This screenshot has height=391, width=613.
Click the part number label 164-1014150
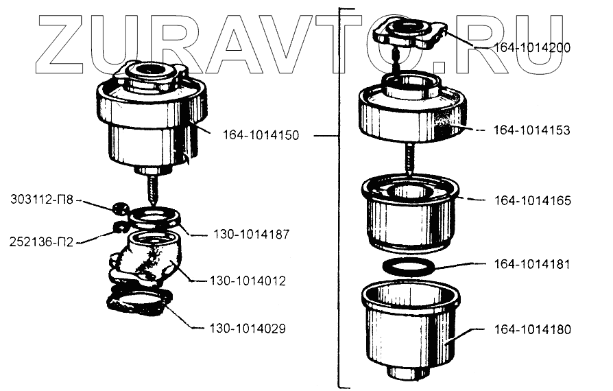(261, 135)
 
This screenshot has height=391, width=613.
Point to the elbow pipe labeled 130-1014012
(147, 261)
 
